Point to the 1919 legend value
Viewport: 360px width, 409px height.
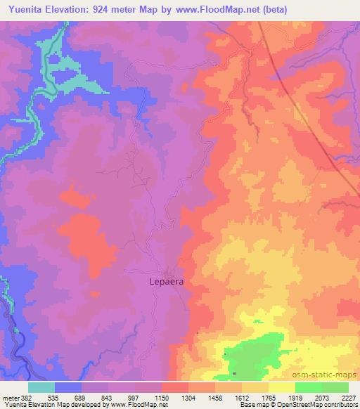[x=295, y=398]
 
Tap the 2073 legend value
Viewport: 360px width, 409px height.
[x=321, y=398]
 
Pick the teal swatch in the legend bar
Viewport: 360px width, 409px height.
[x=41, y=387]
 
